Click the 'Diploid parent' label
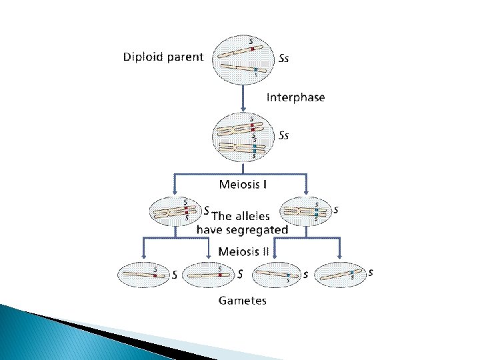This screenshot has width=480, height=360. click(163, 57)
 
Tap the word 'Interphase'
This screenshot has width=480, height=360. click(296, 97)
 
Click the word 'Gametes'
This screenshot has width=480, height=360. click(243, 301)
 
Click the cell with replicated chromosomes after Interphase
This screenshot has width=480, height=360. click(244, 137)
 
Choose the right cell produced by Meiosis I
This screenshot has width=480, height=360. click(305, 212)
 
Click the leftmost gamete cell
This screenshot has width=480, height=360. click(143, 274)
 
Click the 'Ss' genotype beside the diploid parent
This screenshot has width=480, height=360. click(284, 58)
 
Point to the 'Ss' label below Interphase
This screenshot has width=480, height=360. click(284, 135)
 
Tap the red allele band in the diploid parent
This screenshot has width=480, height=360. click(252, 49)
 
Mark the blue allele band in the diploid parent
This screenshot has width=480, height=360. click(255, 69)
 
